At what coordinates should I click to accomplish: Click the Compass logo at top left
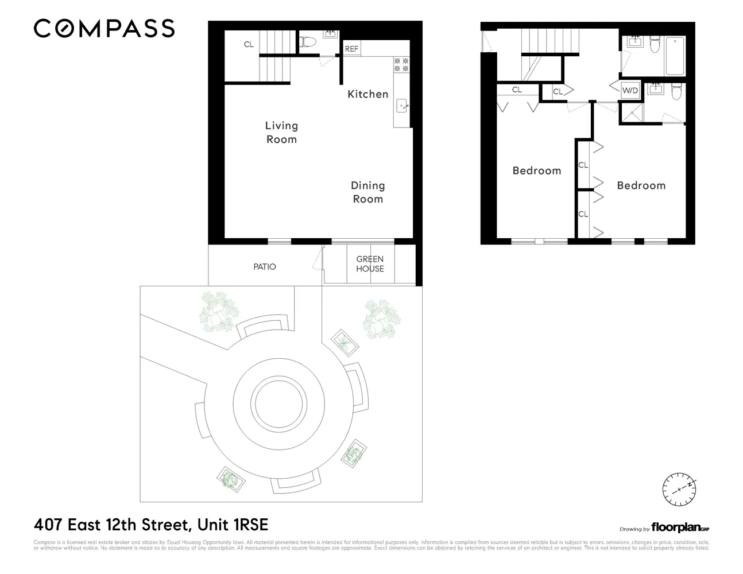click(104, 28)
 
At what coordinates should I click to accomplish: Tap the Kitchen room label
click(367, 94)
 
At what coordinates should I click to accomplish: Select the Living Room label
click(281, 132)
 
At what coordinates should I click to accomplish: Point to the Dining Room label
click(367, 192)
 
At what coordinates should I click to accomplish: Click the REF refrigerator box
click(351, 49)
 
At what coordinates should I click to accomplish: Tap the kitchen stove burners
click(401, 64)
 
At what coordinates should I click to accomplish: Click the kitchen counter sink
click(402, 106)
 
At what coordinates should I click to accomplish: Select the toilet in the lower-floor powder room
click(307, 42)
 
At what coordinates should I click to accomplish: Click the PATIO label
click(265, 267)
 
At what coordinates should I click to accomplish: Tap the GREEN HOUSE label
click(370, 264)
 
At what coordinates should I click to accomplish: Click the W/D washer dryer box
click(630, 91)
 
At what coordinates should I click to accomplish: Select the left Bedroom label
click(536, 170)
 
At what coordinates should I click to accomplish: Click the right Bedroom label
click(641, 185)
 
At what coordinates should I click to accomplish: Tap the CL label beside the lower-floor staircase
click(248, 44)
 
